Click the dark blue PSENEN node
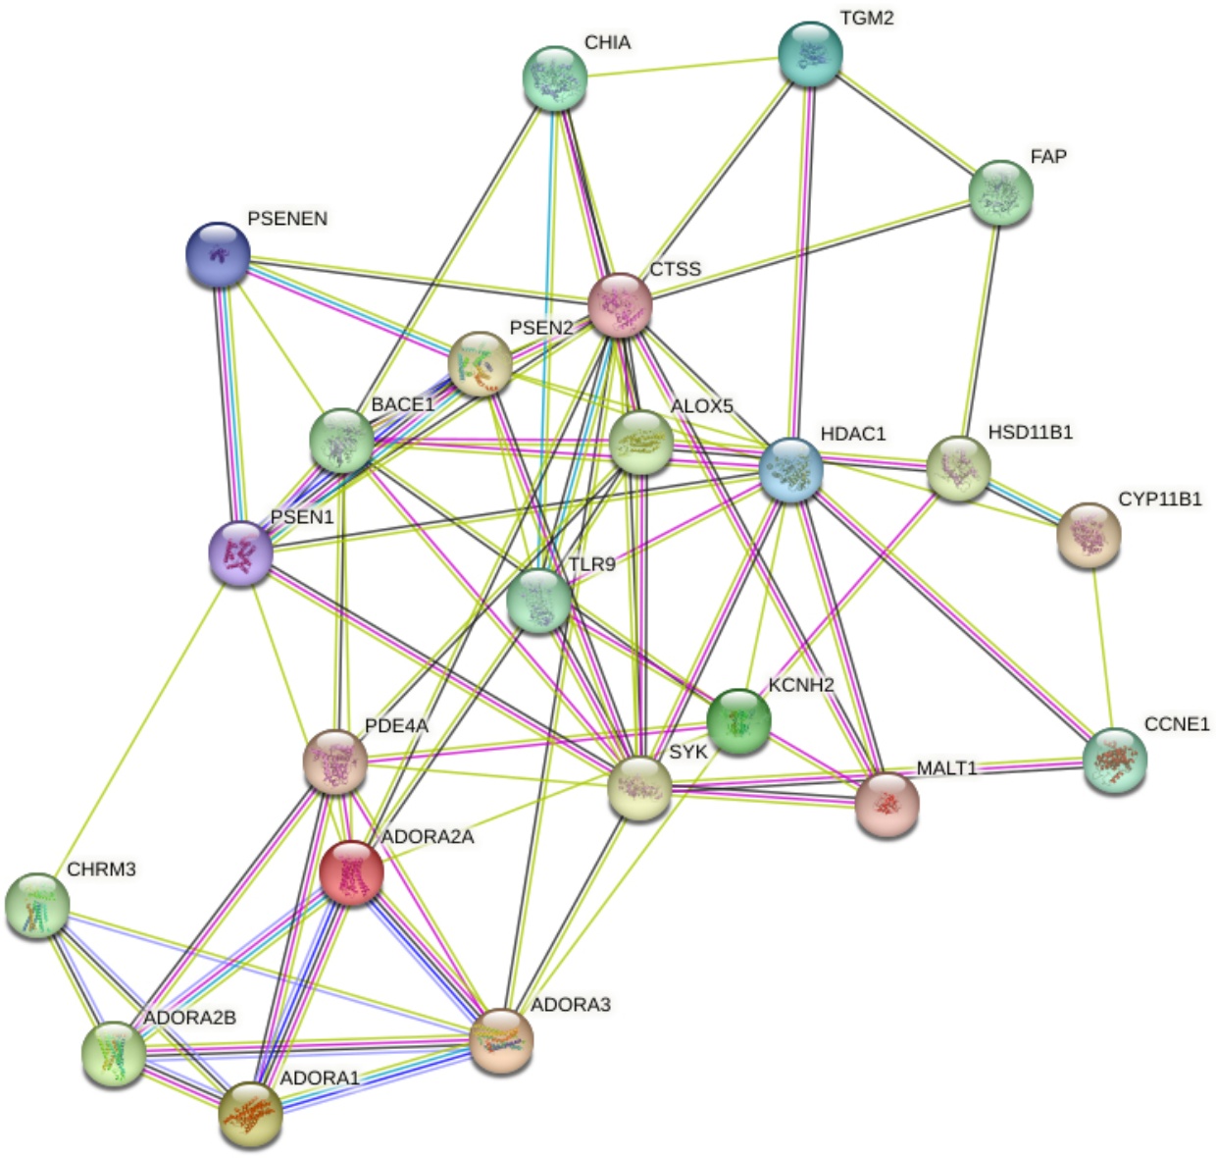[218, 254]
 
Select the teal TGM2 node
[810, 54]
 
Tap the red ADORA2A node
[351, 872]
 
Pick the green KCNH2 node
[738, 721]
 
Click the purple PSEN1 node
[240, 553]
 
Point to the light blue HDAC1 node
[790, 470]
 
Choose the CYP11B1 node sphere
[1089, 535]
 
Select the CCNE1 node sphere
[1115, 761]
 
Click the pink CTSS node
[620, 305]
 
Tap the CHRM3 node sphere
[37, 904]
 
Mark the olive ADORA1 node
[250, 1114]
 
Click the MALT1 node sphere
[887, 804]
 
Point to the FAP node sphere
[1000, 191]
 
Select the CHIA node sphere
[555, 78]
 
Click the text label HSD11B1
[1030, 432]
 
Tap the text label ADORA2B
[189, 1018]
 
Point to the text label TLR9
[591, 564]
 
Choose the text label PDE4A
[396, 726]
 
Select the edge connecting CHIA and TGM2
[683, 65]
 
